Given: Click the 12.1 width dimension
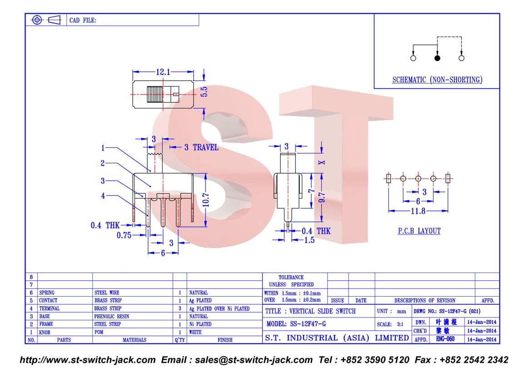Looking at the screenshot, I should pos(163,72).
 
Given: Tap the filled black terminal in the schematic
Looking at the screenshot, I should pos(437,59).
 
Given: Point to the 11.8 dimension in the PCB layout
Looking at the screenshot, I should pos(418,211).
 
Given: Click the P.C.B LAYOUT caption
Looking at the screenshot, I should pos(419,231).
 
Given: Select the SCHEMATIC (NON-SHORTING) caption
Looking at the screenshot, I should pos(437,80).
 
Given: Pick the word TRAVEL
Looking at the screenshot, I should pos(205,147).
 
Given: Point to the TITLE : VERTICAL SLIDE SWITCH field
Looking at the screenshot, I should pos(310,311).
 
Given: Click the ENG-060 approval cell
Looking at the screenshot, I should pos(445,339).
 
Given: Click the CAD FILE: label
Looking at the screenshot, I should pos(83,20).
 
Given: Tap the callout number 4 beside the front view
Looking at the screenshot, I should pos(103,196).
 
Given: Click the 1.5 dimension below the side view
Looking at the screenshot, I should pos(309,240).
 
